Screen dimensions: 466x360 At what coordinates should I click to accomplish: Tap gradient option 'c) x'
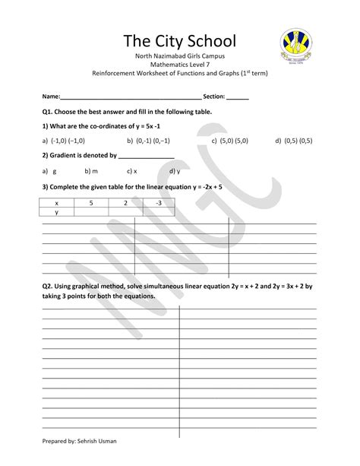[x=131, y=171]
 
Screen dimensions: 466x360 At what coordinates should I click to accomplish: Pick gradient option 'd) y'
[x=174, y=171]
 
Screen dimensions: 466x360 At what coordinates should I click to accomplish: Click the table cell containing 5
[x=90, y=203]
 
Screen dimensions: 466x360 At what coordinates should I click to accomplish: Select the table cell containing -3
[x=158, y=203]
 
